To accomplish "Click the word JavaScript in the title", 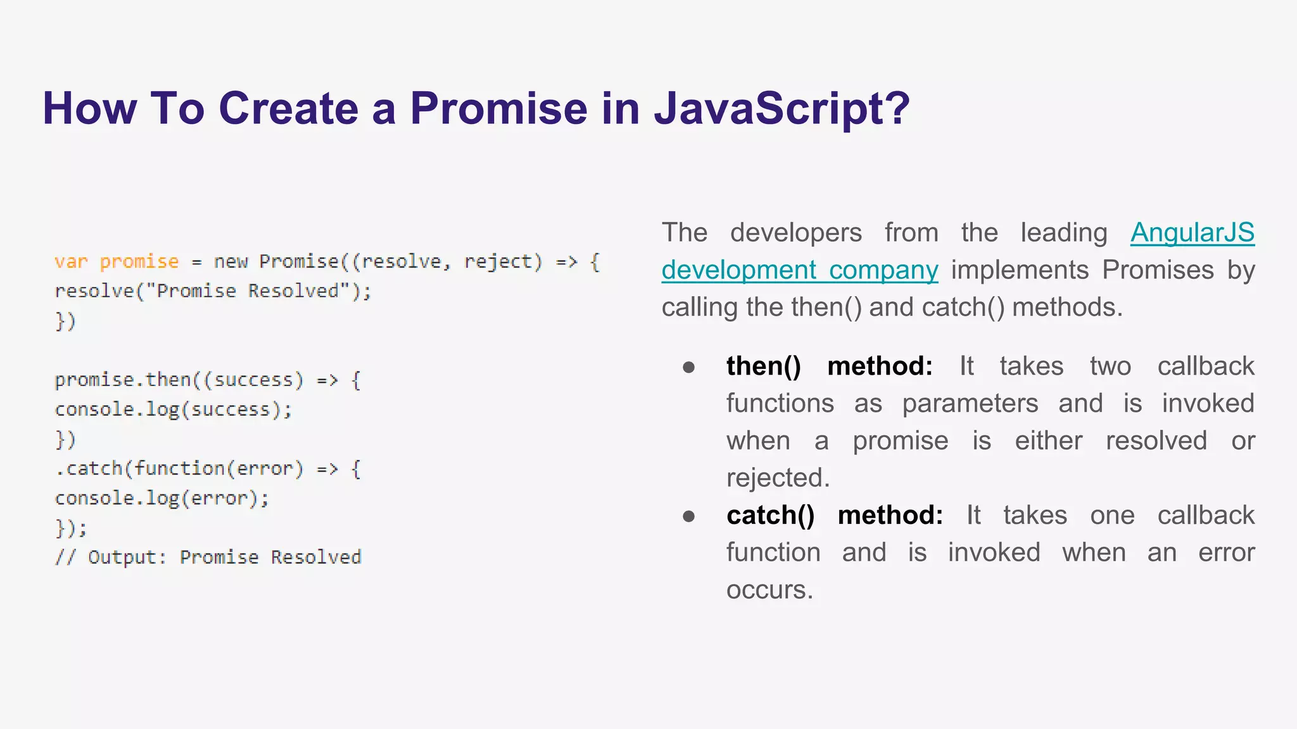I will coord(781,108).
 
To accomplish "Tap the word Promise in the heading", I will coord(498,108).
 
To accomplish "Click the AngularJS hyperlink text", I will coord(1192,232).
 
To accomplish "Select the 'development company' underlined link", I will coord(799,270).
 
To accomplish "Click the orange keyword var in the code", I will coord(70,261).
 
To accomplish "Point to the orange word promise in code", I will coord(139,261).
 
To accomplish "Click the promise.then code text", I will coord(123,380).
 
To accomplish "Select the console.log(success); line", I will coord(173,409).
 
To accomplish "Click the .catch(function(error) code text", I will coord(179,468).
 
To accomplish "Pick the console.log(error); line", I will coord(161,498).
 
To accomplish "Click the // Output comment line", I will coord(208,557).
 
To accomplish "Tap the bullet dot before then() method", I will coord(689,367).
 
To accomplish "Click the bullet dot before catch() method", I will coord(689,516).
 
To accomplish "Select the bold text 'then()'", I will coord(763,366).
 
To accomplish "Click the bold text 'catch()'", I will coord(770,515).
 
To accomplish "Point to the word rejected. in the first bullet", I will coord(777,478).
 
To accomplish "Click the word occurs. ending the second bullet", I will coord(769,590).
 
